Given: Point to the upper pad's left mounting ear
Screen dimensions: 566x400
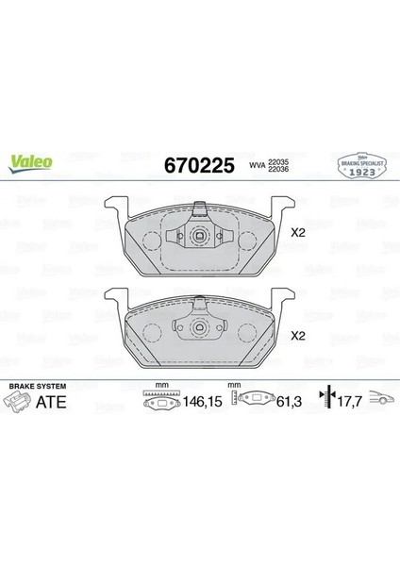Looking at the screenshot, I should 112,203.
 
